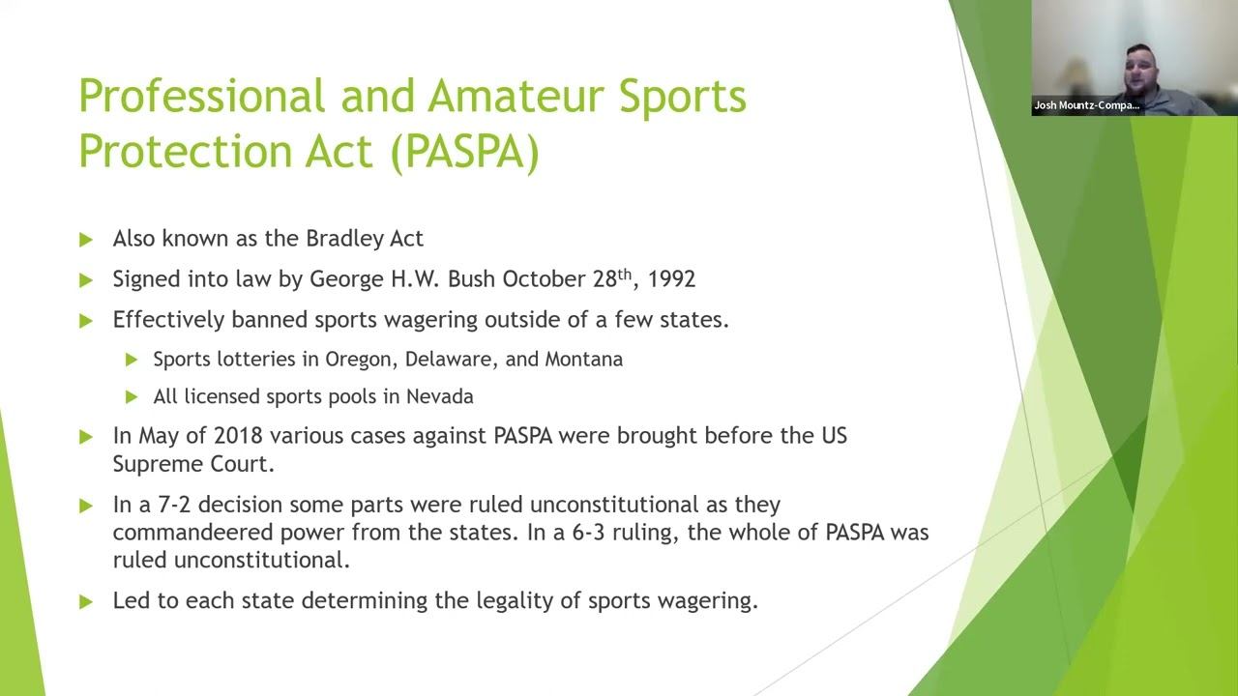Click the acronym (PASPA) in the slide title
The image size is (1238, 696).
(x=465, y=152)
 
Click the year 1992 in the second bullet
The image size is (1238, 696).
(x=671, y=279)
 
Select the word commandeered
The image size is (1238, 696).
(x=193, y=533)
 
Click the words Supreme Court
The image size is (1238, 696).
(x=193, y=464)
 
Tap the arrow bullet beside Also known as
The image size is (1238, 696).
(x=86, y=240)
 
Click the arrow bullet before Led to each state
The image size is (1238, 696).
(x=86, y=601)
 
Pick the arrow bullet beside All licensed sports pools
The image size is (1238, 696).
(x=132, y=397)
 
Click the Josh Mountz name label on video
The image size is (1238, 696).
(x=1086, y=105)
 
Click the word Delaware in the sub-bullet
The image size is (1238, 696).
(x=450, y=360)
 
